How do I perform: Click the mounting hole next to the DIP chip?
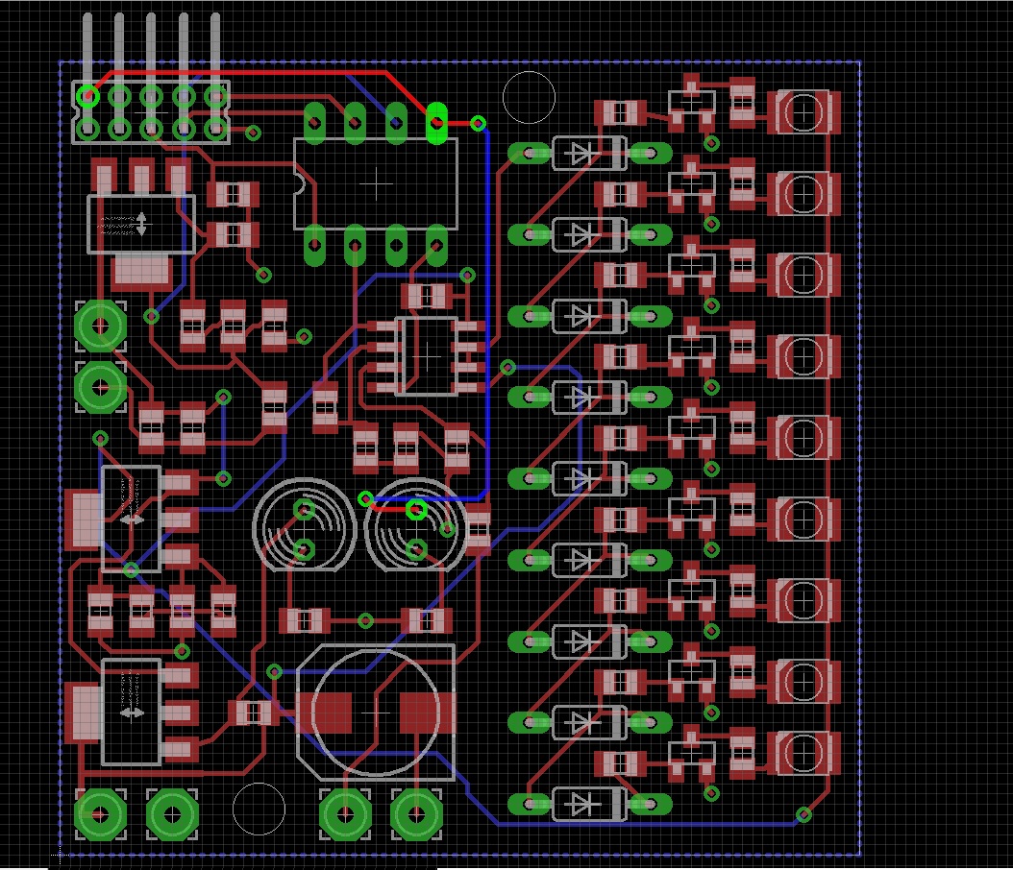pyautogui.click(x=529, y=97)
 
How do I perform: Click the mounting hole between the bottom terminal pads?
pyautogui.click(x=259, y=809)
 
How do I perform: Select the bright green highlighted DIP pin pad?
pyautogui.click(x=436, y=122)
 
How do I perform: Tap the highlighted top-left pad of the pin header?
pyautogui.click(x=88, y=96)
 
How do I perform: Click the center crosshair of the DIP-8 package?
pyautogui.click(x=375, y=182)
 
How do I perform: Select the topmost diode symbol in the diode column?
pyautogui.click(x=581, y=152)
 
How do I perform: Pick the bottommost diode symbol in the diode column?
pyautogui.click(x=581, y=804)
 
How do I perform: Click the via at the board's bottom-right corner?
pyautogui.click(x=803, y=815)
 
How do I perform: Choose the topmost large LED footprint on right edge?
pyautogui.click(x=803, y=112)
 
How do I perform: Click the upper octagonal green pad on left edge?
pyautogui.click(x=100, y=326)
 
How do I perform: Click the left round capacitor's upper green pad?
pyautogui.click(x=304, y=509)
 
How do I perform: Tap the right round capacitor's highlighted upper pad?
pyautogui.click(x=416, y=509)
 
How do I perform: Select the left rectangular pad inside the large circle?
pyautogui.click(x=333, y=713)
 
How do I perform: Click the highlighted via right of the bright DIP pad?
pyautogui.click(x=478, y=123)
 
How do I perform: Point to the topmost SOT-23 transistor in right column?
pyautogui.click(x=692, y=107)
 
